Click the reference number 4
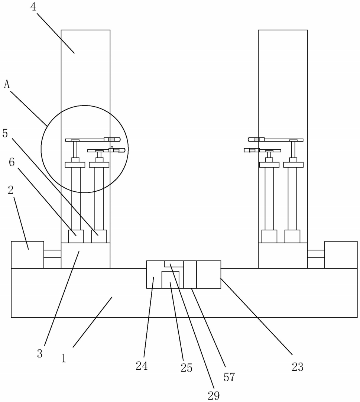[33, 7]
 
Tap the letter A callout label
[7, 84]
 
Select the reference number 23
[298, 367]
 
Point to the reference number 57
[229, 377]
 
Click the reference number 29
[214, 396]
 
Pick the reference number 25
[187, 368]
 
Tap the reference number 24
[142, 366]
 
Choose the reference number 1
[64, 358]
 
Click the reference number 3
[39, 354]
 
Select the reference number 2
[11, 190]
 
